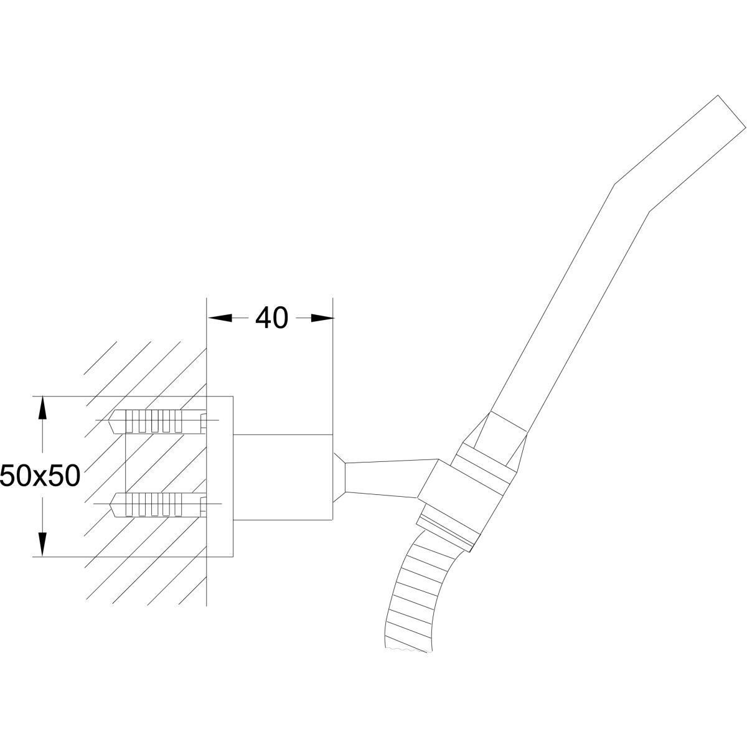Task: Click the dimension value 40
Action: click(272, 318)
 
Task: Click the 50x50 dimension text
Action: click(40, 476)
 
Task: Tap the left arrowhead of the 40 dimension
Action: click(218, 318)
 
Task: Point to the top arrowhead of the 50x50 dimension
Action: click(42, 409)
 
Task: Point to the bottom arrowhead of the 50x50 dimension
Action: click(42, 543)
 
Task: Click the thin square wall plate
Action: click(219, 476)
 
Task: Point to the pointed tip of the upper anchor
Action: click(114, 421)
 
